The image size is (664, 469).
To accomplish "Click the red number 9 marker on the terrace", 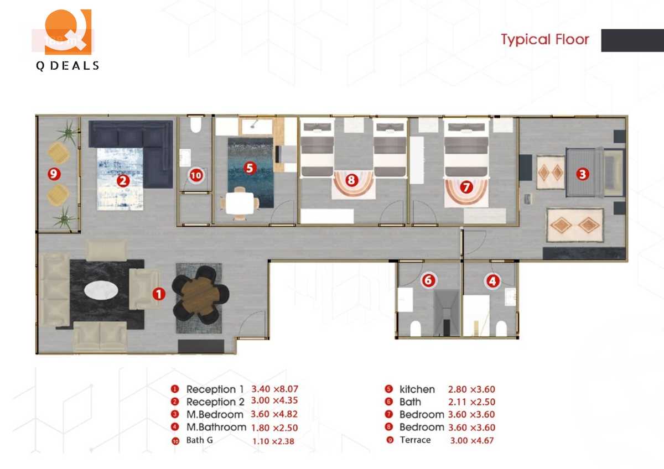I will (54, 174).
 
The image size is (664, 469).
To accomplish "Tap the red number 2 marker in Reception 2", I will (123, 180).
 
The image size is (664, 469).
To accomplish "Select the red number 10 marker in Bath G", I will (195, 176).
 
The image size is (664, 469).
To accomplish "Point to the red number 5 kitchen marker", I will (250, 168).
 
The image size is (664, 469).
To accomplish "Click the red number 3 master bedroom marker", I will (582, 174).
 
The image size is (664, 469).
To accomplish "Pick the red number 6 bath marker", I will (427, 280).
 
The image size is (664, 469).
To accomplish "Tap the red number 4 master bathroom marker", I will (492, 281).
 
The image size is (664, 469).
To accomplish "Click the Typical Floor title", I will (545, 39).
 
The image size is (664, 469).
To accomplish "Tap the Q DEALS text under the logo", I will (67, 66).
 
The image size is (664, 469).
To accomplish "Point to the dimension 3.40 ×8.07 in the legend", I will (274, 389).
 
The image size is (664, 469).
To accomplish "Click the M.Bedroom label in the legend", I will (215, 414).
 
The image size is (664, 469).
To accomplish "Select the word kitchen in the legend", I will (417, 389).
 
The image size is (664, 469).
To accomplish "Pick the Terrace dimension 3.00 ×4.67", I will (471, 440).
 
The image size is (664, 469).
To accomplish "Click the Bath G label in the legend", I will (200, 441).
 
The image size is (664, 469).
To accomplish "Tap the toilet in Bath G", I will (195, 127).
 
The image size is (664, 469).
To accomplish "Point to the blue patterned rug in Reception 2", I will (120, 178).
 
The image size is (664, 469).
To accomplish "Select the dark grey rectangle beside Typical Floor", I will (632, 40).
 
